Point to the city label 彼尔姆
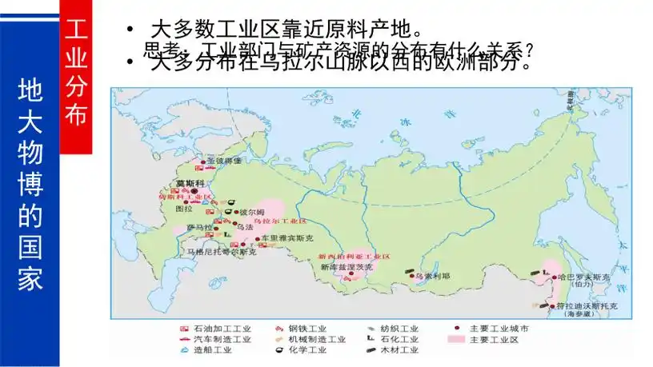pos(252,212)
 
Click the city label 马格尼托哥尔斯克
pos(221,252)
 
